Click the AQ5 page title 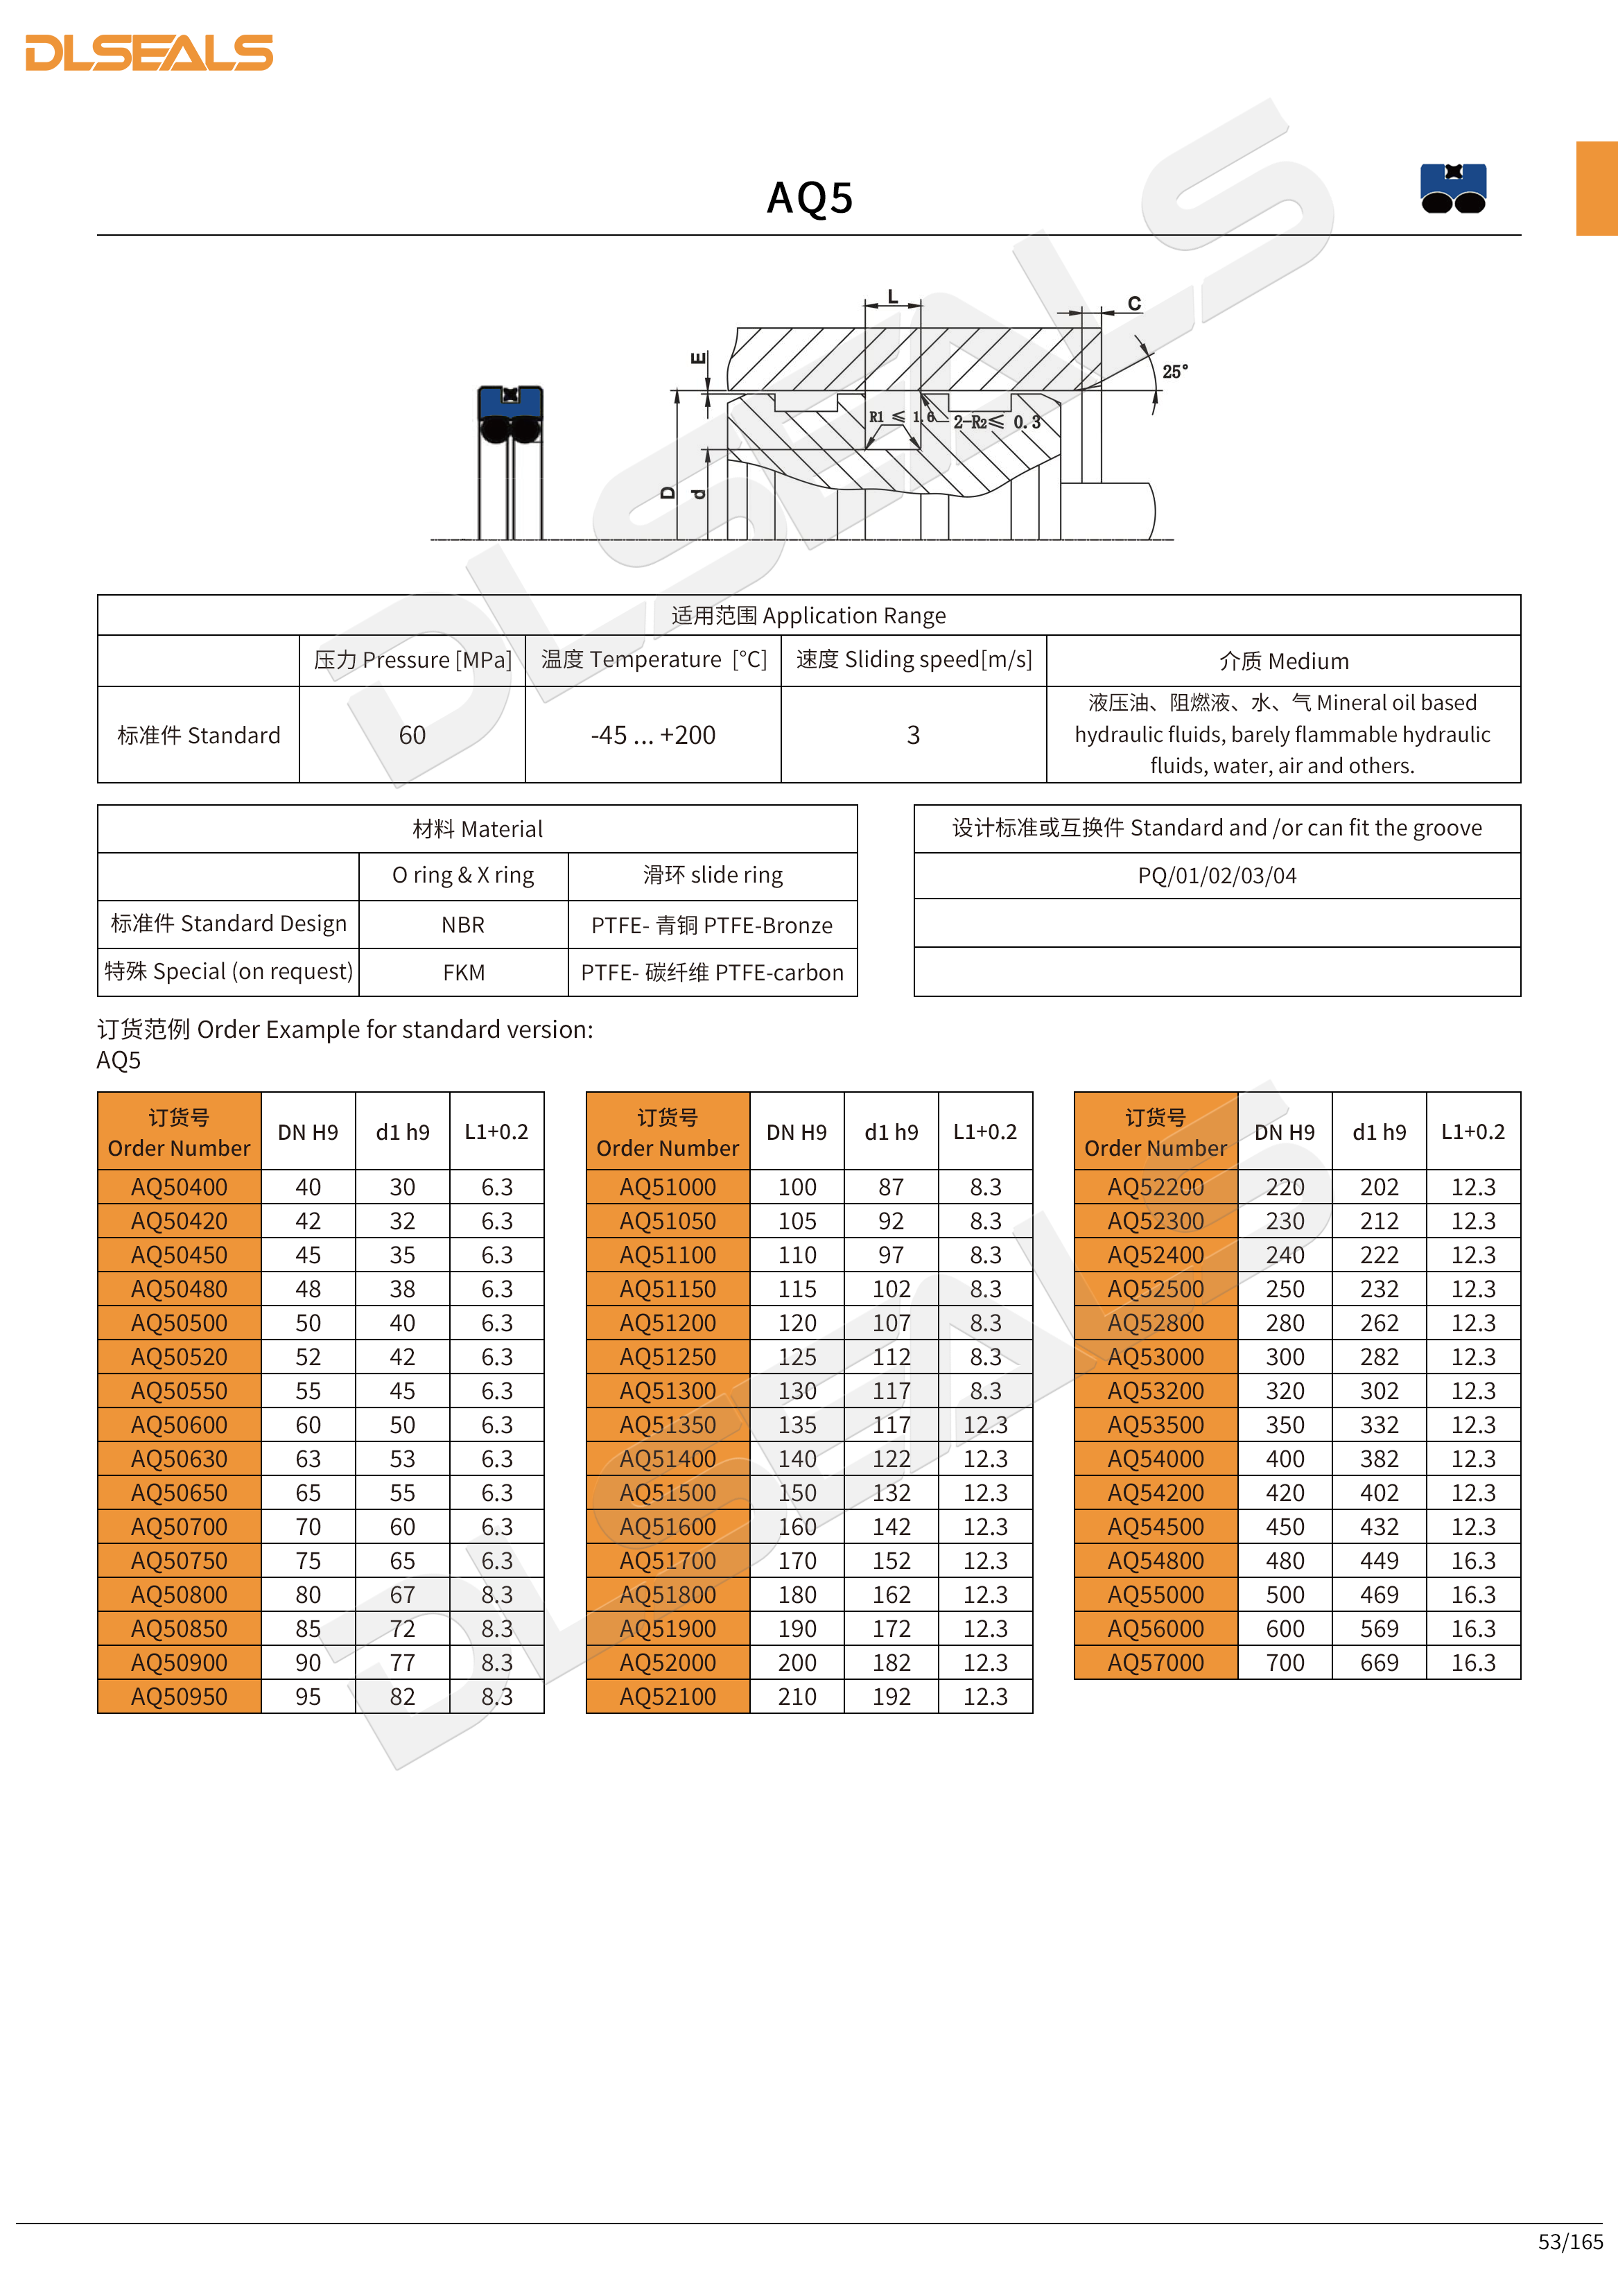coord(809,198)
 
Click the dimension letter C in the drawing coord(1134,303)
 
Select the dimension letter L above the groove coord(893,297)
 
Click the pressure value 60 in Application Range coord(412,736)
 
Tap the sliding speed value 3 coord(912,736)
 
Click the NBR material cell coord(463,925)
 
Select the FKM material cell coord(463,973)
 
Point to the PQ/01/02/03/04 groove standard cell coord(1217,876)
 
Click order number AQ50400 coord(180,1187)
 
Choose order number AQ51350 coord(668,1425)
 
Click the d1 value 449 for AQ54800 coord(1379,1561)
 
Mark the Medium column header coord(1283,661)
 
